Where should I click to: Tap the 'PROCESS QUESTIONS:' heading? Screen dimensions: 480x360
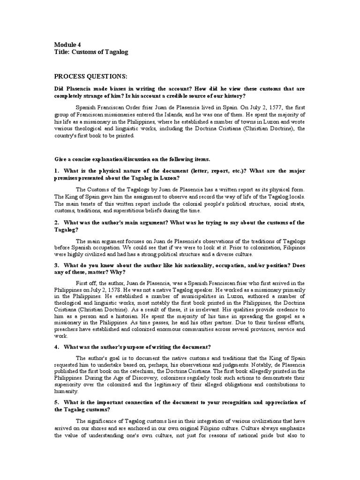(90, 76)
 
